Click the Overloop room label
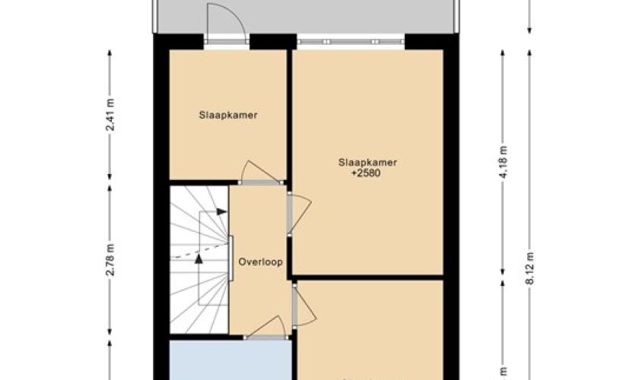click(260, 262)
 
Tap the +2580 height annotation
click(366, 173)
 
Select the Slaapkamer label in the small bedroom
click(228, 116)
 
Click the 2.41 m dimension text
click(110, 115)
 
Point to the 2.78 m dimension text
click(110, 259)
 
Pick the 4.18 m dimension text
click(504, 162)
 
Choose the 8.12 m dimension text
click(529, 268)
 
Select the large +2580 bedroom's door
click(300, 214)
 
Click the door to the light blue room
click(265, 328)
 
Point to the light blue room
click(230, 360)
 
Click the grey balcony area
click(306, 16)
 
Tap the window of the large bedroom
click(351, 42)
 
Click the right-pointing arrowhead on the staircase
click(221, 212)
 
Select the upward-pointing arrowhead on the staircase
click(199, 258)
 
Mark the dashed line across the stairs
click(199, 252)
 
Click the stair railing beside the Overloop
click(230, 258)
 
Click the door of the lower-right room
click(304, 306)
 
